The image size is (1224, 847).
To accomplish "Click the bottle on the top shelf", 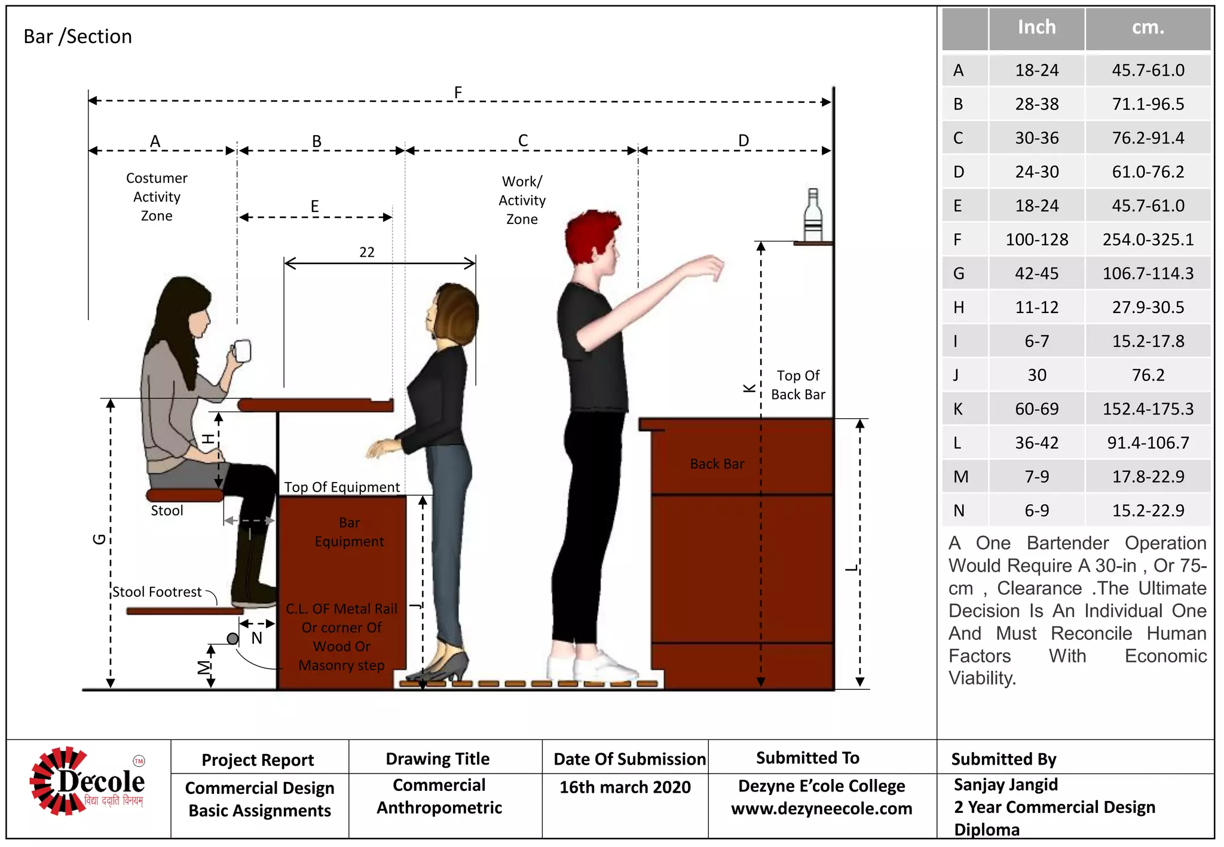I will [x=813, y=216].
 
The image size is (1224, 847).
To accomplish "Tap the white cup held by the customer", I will [x=242, y=351].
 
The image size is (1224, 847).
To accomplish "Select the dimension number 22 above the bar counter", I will [x=367, y=252].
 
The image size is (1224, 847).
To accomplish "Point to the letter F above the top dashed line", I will [x=458, y=93].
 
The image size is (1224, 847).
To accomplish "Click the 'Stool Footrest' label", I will [x=157, y=592].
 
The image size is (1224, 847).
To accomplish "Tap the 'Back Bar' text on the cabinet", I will [x=717, y=464].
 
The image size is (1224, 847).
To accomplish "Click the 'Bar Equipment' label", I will [x=349, y=532].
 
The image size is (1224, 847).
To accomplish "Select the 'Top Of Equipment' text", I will [x=342, y=487].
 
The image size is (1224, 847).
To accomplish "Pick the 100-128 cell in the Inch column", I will [x=1036, y=240].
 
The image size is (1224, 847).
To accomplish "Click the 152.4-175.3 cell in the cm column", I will [x=1147, y=409].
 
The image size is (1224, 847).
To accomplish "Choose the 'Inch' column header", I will [x=1036, y=27].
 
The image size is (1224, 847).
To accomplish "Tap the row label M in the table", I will [x=960, y=477].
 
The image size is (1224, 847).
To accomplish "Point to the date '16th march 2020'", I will [x=625, y=787].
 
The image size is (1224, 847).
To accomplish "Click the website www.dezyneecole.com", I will [x=821, y=809].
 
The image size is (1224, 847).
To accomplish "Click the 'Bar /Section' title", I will [x=78, y=37].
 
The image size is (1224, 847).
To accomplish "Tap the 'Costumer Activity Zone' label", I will [x=157, y=197].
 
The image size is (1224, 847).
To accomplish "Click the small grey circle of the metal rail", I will [x=232, y=639].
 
